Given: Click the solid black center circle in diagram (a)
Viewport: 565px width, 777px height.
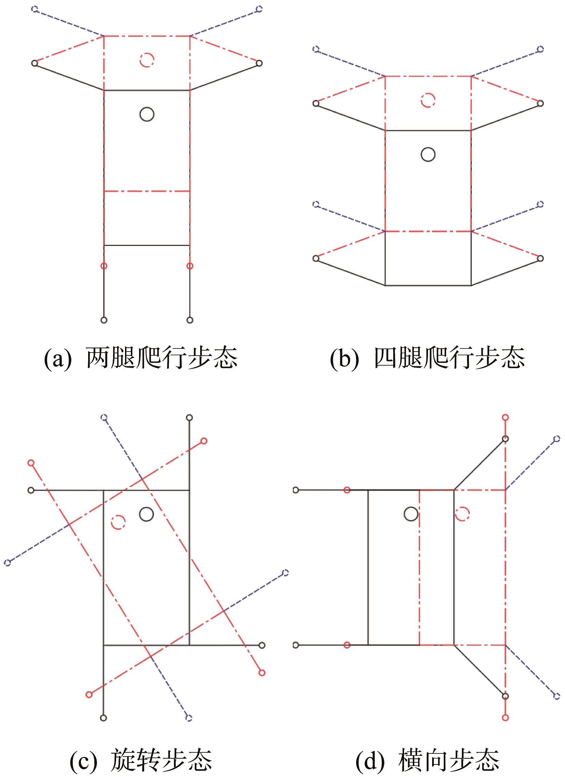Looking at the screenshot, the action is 147,108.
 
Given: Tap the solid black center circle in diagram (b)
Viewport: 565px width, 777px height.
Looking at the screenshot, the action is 428,148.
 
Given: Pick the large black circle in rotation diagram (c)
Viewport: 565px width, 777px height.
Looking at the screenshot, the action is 147,508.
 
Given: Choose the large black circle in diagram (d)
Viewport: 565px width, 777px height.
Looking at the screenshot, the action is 411,508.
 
